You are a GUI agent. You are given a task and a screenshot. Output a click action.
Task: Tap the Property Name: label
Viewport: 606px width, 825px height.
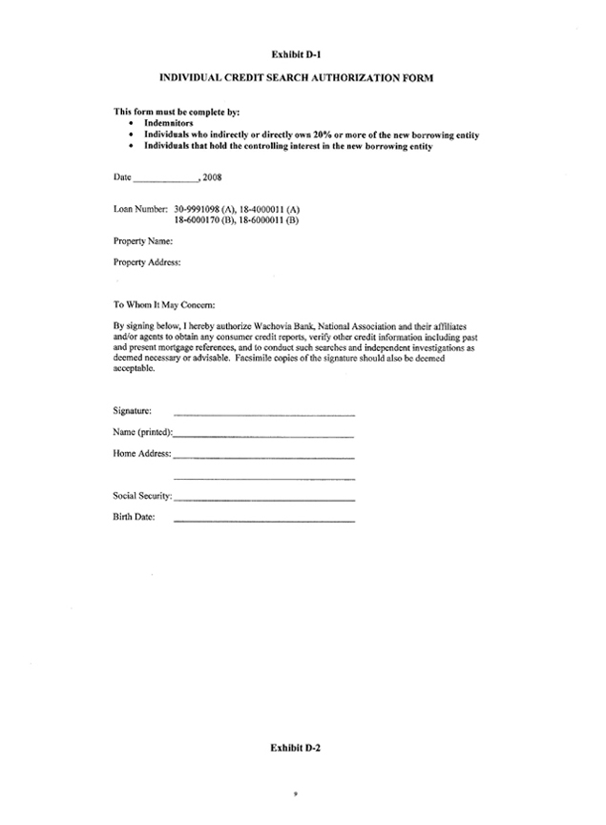(143, 242)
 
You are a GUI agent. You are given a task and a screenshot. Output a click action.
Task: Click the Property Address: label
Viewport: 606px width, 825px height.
(147, 261)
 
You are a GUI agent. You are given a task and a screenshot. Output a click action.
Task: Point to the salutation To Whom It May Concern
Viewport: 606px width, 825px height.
(164, 305)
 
